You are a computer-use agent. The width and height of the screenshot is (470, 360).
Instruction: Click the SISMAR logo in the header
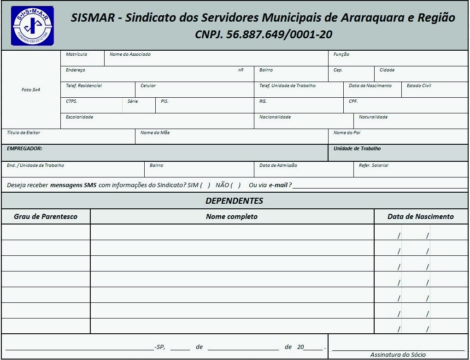pyautogui.click(x=32, y=26)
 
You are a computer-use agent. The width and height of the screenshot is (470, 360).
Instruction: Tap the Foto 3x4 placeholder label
pyautogui.click(x=31, y=90)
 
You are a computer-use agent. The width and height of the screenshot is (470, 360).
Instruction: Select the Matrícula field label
pyautogui.click(x=76, y=54)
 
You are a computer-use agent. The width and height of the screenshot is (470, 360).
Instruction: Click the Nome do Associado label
pyautogui.click(x=130, y=54)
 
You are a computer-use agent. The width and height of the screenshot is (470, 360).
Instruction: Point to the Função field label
pyautogui.click(x=341, y=54)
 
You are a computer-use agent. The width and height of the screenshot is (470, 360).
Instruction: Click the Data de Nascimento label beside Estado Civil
pyautogui.click(x=370, y=86)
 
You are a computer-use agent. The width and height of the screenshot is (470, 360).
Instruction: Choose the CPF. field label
pyautogui.click(x=353, y=101)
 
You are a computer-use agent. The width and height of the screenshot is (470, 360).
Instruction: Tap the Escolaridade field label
pyautogui.click(x=79, y=117)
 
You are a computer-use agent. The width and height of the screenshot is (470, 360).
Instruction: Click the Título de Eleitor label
pyautogui.click(x=23, y=133)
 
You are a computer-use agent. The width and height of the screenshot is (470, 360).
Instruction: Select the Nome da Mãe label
pyautogui.click(x=155, y=133)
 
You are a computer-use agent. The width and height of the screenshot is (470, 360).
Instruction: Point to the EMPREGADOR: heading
pyautogui.click(x=24, y=149)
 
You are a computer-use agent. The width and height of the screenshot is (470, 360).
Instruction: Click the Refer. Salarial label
pyautogui.click(x=373, y=165)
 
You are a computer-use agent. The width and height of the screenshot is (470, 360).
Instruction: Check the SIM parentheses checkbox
pyautogui.click(x=206, y=185)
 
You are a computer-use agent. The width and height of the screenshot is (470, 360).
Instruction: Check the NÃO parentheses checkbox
pyautogui.click(x=236, y=185)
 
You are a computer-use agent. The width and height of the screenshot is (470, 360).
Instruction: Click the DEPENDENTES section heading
pyautogui.click(x=234, y=201)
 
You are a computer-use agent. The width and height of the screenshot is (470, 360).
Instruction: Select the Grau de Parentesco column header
pyautogui.click(x=46, y=217)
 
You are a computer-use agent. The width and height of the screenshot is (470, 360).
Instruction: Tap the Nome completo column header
pyautogui.click(x=232, y=217)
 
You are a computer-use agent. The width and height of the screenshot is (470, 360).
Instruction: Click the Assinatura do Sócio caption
pyautogui.click(x=398, y=355)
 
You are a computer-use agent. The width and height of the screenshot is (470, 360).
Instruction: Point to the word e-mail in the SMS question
pyautogui.click(x=278, y=185)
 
